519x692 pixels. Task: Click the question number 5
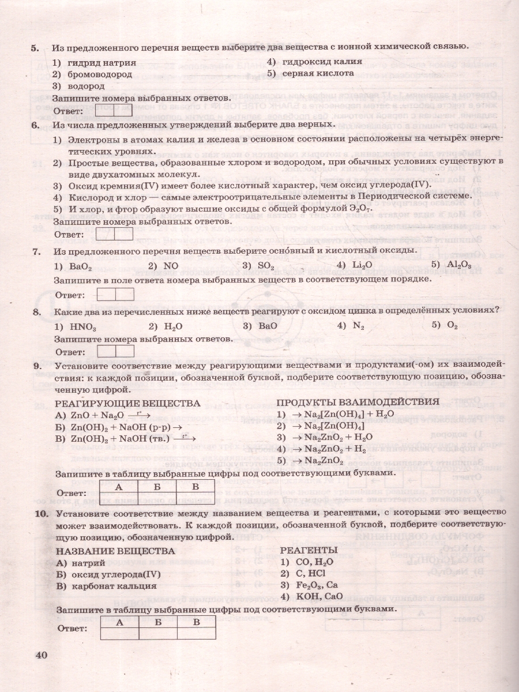[34, 47]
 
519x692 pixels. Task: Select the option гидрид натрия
[101, 62]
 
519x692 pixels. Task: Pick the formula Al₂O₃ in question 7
[459, 265]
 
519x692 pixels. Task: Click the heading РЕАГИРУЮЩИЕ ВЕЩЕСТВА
[127, 403]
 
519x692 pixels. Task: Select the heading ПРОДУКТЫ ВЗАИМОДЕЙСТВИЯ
[358, 402]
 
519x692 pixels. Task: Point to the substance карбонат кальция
[115, 586]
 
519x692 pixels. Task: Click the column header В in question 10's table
[197, 622]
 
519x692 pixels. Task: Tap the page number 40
[41, 655]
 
